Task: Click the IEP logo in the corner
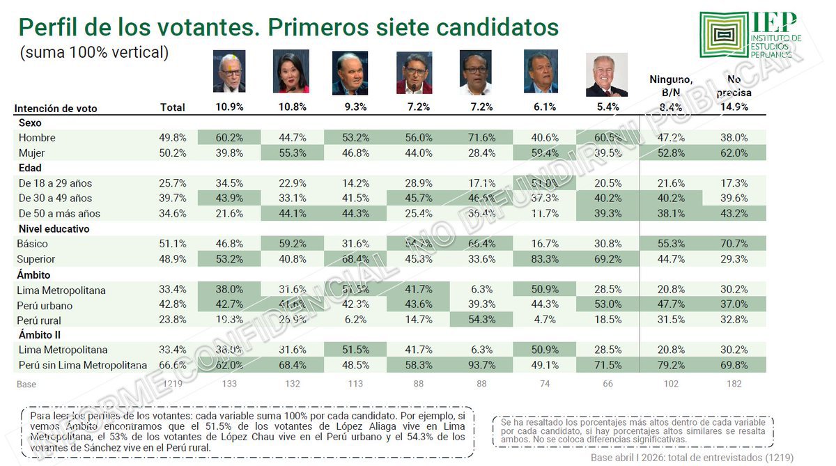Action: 750,35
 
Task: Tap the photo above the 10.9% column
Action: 229,71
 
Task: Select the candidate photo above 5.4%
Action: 606,75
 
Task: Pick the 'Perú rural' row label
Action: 40,320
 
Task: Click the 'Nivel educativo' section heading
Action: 54,228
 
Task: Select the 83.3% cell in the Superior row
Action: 545,259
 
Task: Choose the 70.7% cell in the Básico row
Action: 734,244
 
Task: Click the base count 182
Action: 734,384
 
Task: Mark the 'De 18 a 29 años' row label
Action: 55,183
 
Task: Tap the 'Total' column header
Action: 173,107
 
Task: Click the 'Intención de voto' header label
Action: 56,108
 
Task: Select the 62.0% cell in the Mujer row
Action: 734,153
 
